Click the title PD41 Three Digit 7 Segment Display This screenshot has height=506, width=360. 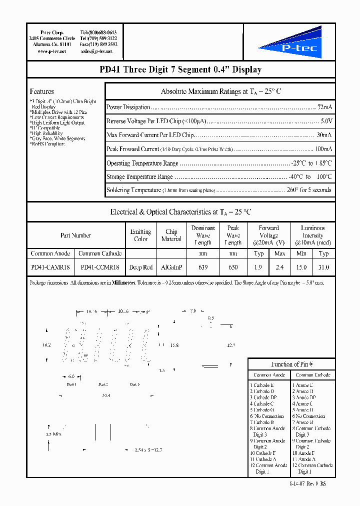pos(180,70)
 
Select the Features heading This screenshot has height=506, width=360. pos(42,91)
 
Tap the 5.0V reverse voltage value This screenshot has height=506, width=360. pos(326,121)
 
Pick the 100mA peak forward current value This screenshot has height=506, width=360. pos(322,149)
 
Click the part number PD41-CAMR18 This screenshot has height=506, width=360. pos(50,267)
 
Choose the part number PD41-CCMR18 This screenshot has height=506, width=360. pos(100,267)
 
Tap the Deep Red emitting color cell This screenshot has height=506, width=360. pos(141,267)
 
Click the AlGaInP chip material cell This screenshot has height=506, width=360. pos(171,267)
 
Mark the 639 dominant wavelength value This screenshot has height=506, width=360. pos(203,267)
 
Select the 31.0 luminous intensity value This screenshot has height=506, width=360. pos(323,267)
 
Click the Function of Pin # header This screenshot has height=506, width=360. pos(292,364)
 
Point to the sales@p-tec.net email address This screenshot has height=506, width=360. pos(96,51)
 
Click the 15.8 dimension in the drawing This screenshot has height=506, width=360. pos(174,345)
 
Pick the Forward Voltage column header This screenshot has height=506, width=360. pos(268,235)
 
